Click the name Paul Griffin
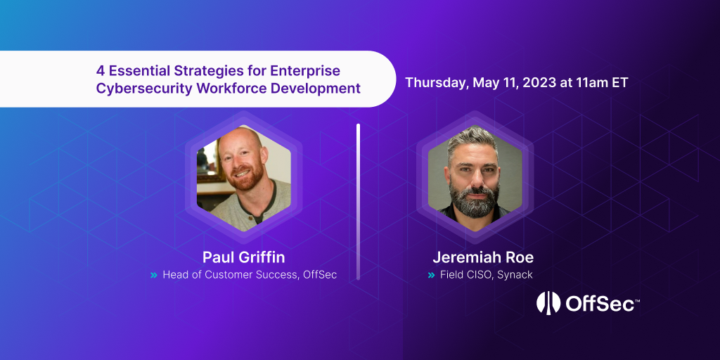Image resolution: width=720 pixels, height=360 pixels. tap(243, 257)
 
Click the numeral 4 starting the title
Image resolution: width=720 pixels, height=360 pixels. tap(100, 71)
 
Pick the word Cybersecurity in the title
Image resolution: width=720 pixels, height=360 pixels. tap(136, 89)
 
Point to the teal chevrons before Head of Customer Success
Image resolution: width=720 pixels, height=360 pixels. tap(153, 275)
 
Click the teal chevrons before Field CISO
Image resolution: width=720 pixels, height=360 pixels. tap(431, 275)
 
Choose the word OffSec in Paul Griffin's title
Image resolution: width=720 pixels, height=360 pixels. tap(320, 275)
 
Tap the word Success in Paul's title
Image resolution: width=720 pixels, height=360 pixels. tap(276, 275)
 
